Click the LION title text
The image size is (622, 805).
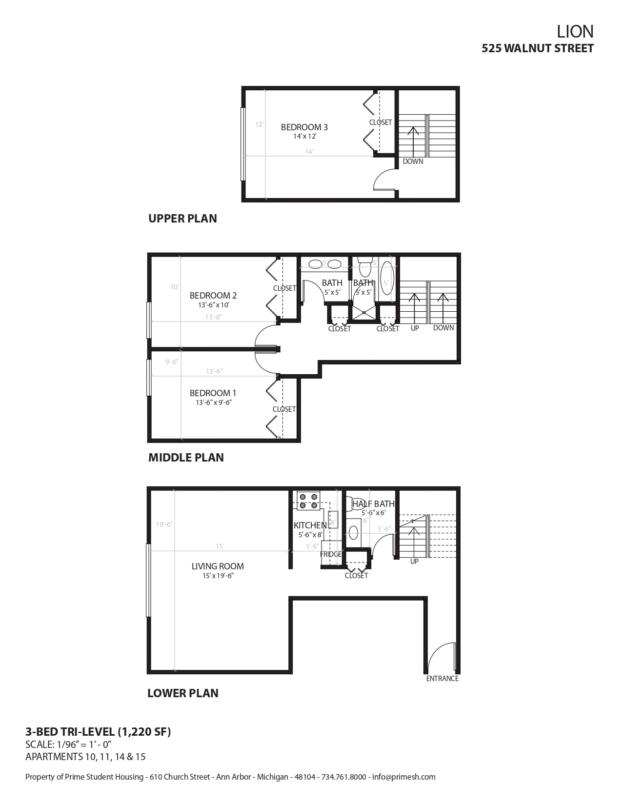click(x=575, y=32)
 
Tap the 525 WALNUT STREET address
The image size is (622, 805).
click(x=538, y=48)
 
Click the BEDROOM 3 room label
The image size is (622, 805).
click(x=304, y=127)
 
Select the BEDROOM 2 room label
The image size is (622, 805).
click(x=213, y=296)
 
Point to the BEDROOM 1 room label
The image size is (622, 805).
click(x=213, y=393)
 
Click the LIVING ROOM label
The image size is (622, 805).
click(x=218, y=566)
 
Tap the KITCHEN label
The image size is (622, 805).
click(x=310, y=525)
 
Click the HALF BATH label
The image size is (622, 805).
click(x=373, y=504)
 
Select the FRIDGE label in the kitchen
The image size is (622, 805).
click(x=331, y=555)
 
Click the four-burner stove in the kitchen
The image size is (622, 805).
click(x=308, y=501)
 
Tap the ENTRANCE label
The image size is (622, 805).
click(x=442, y=679)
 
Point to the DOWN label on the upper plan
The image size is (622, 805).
click(x=413, y=161)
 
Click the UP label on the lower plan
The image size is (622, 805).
click(x=414, y=562)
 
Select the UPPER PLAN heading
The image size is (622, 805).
click(x=182, y=219)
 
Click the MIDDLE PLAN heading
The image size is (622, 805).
click(x=186, y=458)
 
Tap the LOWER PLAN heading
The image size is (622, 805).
click(x=183, y=693)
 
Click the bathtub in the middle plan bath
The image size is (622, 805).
click(x=387, y=278)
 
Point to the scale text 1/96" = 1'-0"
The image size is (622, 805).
click(x=69, y=745)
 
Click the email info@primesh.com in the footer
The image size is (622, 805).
click(x=404, y=777)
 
